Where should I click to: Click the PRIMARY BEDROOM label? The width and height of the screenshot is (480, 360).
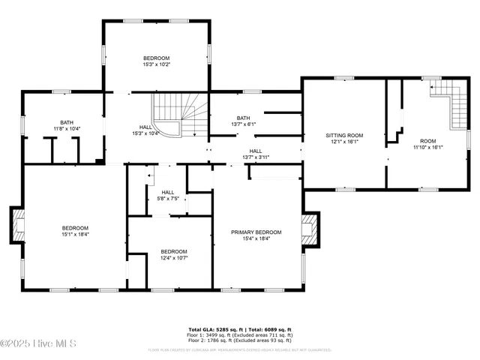[x=256, y=232]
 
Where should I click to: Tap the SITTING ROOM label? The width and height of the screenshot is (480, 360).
[x=344, y=135]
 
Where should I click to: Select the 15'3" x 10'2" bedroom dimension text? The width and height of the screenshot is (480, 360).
[x=157, y=64]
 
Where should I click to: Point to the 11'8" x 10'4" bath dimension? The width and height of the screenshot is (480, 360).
[x=67, y=129]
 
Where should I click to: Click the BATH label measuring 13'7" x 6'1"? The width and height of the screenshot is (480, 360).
[x=243, y=118]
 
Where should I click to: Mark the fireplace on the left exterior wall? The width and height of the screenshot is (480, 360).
[x=18, y=225]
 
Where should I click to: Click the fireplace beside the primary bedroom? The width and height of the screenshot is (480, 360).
[x=309, y=229]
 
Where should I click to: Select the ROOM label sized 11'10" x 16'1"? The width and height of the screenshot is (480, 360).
[x=427, y=140]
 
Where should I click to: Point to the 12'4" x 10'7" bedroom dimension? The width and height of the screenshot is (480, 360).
[x=173, y=258]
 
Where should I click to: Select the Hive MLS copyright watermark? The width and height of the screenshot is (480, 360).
[x=38, y=344]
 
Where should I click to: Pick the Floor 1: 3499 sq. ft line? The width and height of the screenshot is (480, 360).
[x=239, y=334]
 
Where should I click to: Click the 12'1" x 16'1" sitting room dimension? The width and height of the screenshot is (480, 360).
[x=344, y=141]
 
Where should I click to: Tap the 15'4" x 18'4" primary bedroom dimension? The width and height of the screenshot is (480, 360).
[x=256, y=239]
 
